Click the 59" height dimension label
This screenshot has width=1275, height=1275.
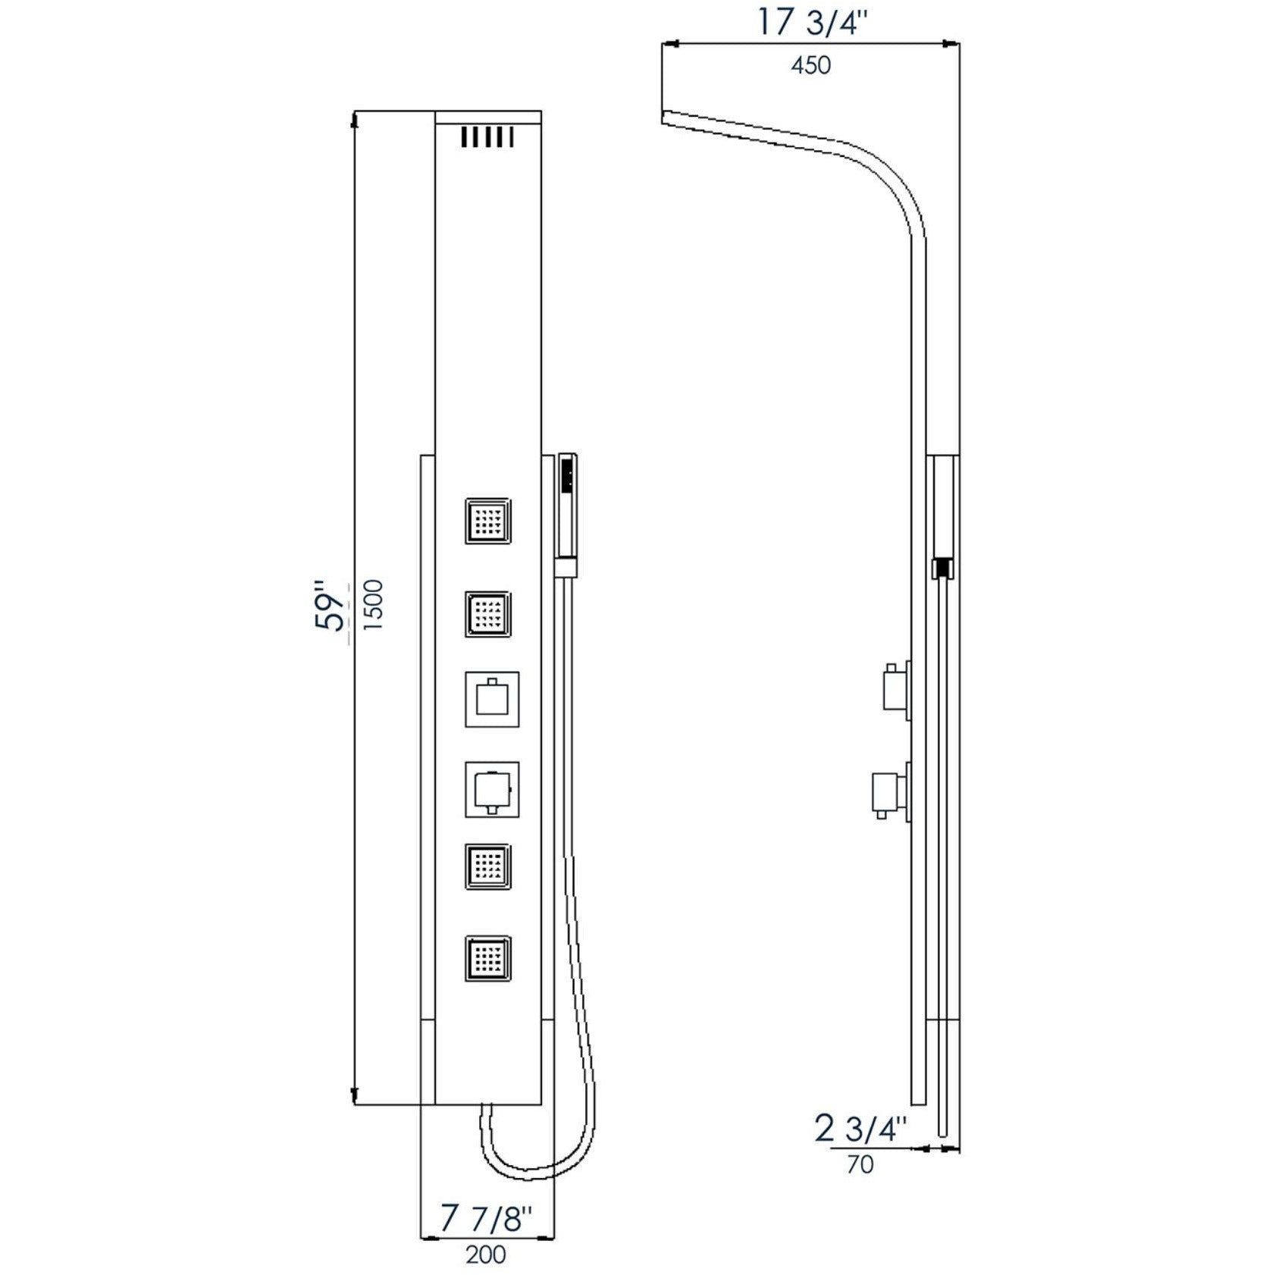[x=330, y=606]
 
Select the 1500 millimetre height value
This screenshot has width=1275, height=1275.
[x=374, y=604]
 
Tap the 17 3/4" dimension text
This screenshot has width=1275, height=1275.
[x=810, y=23]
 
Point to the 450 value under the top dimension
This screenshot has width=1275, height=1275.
[x=810, y=66]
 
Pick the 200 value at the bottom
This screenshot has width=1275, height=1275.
[x=486, y=1255]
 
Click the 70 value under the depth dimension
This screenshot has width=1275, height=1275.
[x=860, y=1164]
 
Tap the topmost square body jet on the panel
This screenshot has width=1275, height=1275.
[x=488, y=521]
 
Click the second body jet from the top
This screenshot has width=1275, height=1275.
[x=488, y=615]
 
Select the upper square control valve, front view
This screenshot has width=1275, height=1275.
[x=492, y=700]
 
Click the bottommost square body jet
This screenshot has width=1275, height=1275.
[x=488, y=960]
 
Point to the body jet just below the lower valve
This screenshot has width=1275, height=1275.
[x=488, y=867]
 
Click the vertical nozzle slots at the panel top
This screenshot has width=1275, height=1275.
[x=488, y=137]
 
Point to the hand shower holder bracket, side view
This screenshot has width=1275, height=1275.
[x=942, y=569]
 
